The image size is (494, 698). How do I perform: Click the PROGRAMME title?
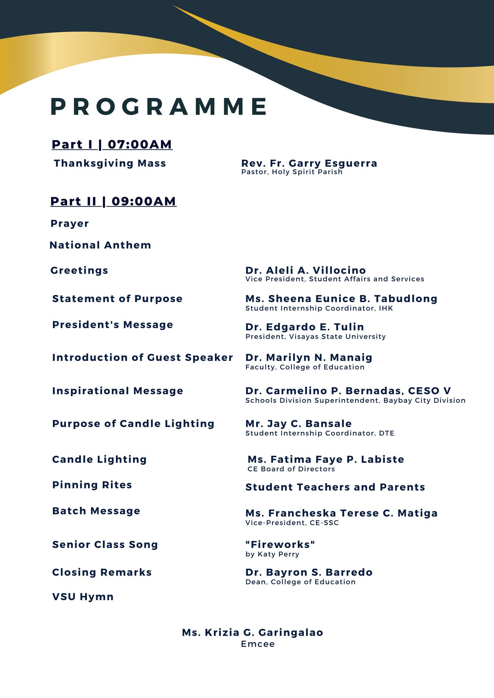pos(159,107)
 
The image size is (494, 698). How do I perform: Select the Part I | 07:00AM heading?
pos(112,145)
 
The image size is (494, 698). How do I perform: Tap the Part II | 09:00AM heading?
pos(113,201)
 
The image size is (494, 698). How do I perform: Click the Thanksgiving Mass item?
pos(110,163)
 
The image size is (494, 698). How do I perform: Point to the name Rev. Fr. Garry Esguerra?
pos(309,163)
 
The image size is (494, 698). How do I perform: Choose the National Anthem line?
pos(100,245)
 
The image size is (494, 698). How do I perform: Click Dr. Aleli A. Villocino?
pos(306,270)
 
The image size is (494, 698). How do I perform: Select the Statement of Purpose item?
pos(117,299)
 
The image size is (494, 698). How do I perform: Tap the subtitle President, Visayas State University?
pos(316,337)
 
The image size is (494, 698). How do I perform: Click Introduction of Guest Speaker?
pos(143,358)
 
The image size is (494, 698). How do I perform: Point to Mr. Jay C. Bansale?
pos(299,424)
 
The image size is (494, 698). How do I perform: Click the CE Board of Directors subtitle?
pos(291,469)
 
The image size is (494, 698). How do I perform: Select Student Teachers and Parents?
pos(335,487)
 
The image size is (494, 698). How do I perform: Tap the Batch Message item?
pos(96,511)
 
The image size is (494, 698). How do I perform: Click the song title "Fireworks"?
pos(280,544)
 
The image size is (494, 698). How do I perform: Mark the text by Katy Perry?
pos(272,554)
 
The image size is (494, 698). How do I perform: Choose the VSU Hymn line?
pos(83,597)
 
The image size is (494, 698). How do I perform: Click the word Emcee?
pos(258,644)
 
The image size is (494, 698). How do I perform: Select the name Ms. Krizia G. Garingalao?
pos(252,633)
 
